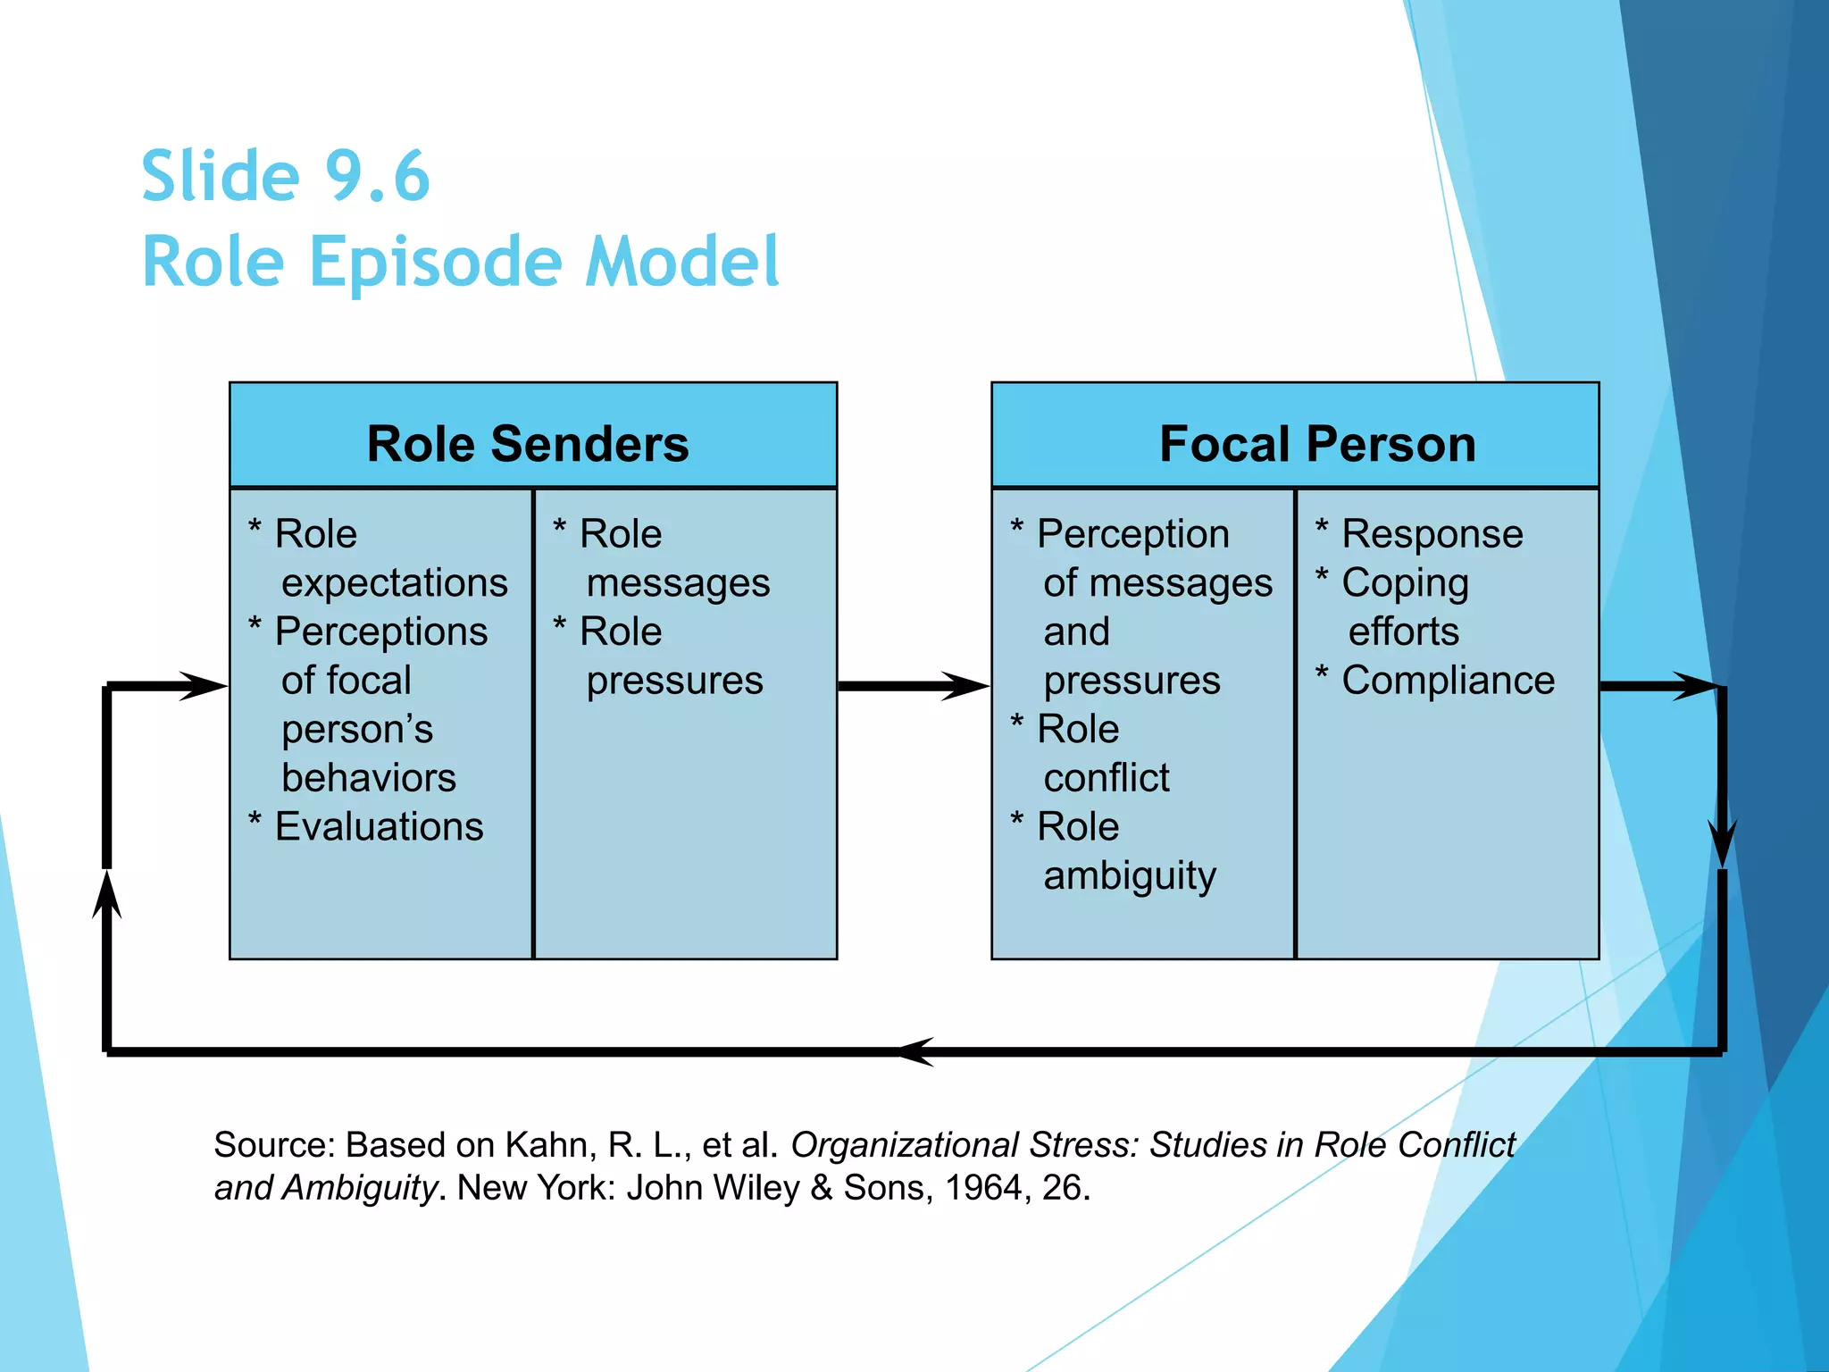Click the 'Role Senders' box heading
528,444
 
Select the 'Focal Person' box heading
1317,444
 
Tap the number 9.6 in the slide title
377,176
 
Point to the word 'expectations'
394,583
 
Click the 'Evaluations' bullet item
379,827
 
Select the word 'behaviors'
369,778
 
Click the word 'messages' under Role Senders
678,583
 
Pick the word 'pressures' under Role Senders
674,681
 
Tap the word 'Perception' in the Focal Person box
1132,535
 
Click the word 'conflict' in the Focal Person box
1106,778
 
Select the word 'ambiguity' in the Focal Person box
1130,876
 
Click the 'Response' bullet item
1432,535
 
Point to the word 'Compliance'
1448,681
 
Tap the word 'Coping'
1405,584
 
